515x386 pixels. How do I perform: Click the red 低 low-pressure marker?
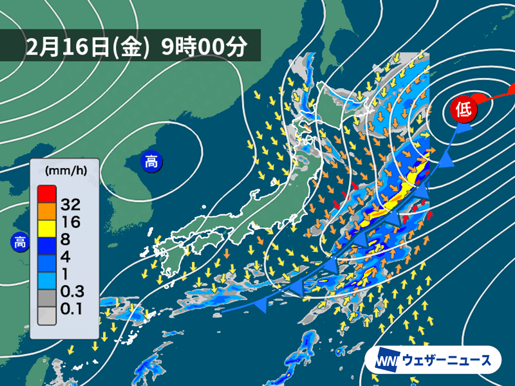pos(463,107)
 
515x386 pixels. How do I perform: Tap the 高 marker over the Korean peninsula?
pos(151,161)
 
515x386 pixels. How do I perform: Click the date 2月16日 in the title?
pos(68,46)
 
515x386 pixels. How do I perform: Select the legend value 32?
pos(69,205)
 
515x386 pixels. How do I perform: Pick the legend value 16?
pos(69,223)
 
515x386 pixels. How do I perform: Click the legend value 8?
pos(64,239)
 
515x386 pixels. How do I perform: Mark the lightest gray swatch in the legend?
pos(46,315)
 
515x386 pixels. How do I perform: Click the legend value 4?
pos(64,256)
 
